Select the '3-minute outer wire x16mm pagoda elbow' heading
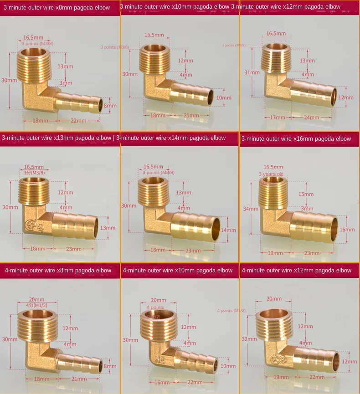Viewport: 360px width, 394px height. pos(296,139)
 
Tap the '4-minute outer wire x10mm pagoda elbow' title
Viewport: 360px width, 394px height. pos(177,271)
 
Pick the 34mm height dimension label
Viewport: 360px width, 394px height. pos(251,209)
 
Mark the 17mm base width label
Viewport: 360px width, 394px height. pos(275,117)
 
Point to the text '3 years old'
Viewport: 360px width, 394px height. pos(271,174)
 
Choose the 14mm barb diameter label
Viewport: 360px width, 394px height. pos(229,230)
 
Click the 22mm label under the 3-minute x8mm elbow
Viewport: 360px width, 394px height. pos(78,121)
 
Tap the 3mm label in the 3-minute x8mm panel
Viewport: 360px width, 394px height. pos(65,83)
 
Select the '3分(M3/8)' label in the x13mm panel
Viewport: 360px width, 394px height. pos(34,173)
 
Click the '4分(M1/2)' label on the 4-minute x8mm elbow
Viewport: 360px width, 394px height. pos(36,305)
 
